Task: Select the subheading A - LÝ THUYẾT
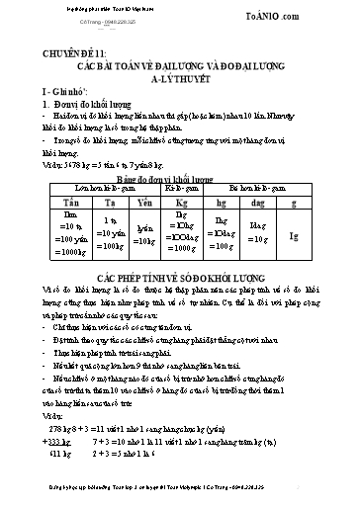tap(180, 82)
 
